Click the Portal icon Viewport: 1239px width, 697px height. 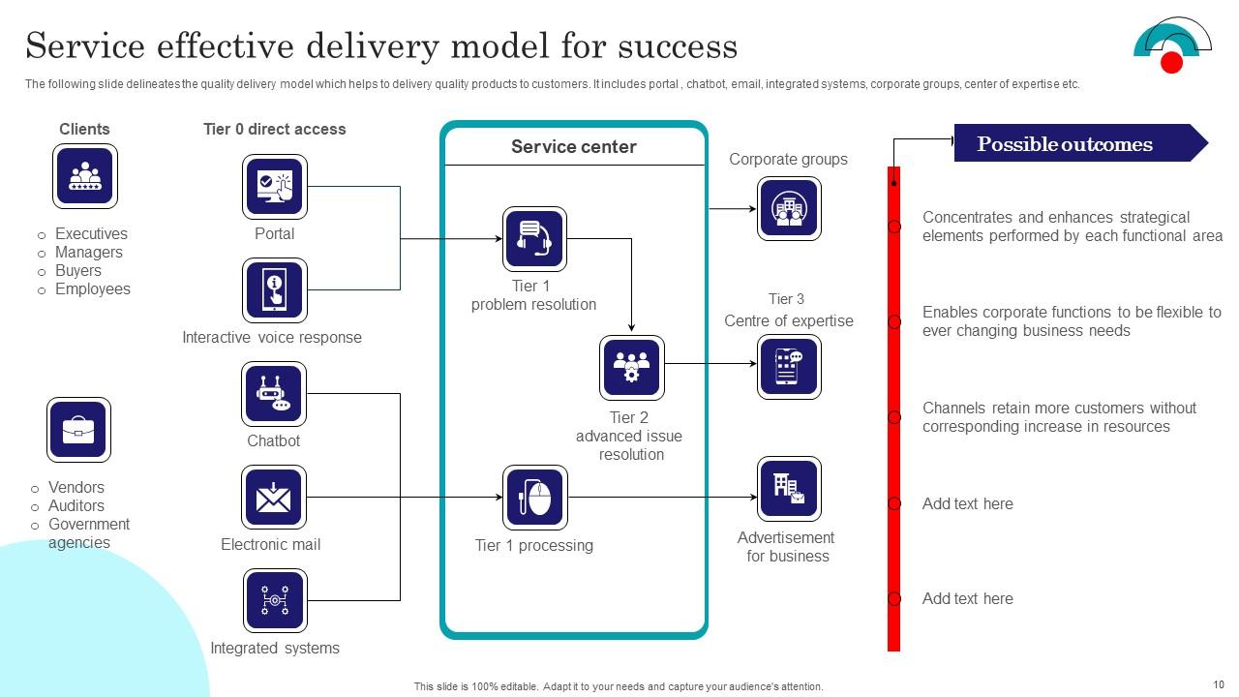coord(274,186)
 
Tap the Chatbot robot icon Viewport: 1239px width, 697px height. coord(274,394)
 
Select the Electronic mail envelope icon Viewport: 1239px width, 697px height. coord(274,498)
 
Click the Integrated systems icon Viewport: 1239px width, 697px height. coord(274,600)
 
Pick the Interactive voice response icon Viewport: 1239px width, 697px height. coord(274,290)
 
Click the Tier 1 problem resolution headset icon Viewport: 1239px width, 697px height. coord(534,239)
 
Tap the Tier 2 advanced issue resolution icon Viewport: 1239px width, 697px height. coord(631,368)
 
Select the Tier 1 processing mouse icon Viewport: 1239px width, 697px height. coord(534,498)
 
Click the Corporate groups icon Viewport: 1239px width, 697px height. coord(789,208)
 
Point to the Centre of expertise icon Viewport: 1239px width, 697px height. coord(789,367)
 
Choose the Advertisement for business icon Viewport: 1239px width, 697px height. coord(789,489)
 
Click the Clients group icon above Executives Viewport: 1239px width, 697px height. coord(85,176)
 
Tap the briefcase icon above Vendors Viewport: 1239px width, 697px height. coord(79,430)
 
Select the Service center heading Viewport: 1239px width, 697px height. coord(574,147)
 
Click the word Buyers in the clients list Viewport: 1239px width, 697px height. coord(78,271)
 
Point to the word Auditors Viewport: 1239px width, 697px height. coord(76,506)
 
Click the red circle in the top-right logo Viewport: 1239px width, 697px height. coord(1171,63)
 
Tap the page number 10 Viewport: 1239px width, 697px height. coord(1218,684)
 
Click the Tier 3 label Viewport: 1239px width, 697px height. coord(786,299)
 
